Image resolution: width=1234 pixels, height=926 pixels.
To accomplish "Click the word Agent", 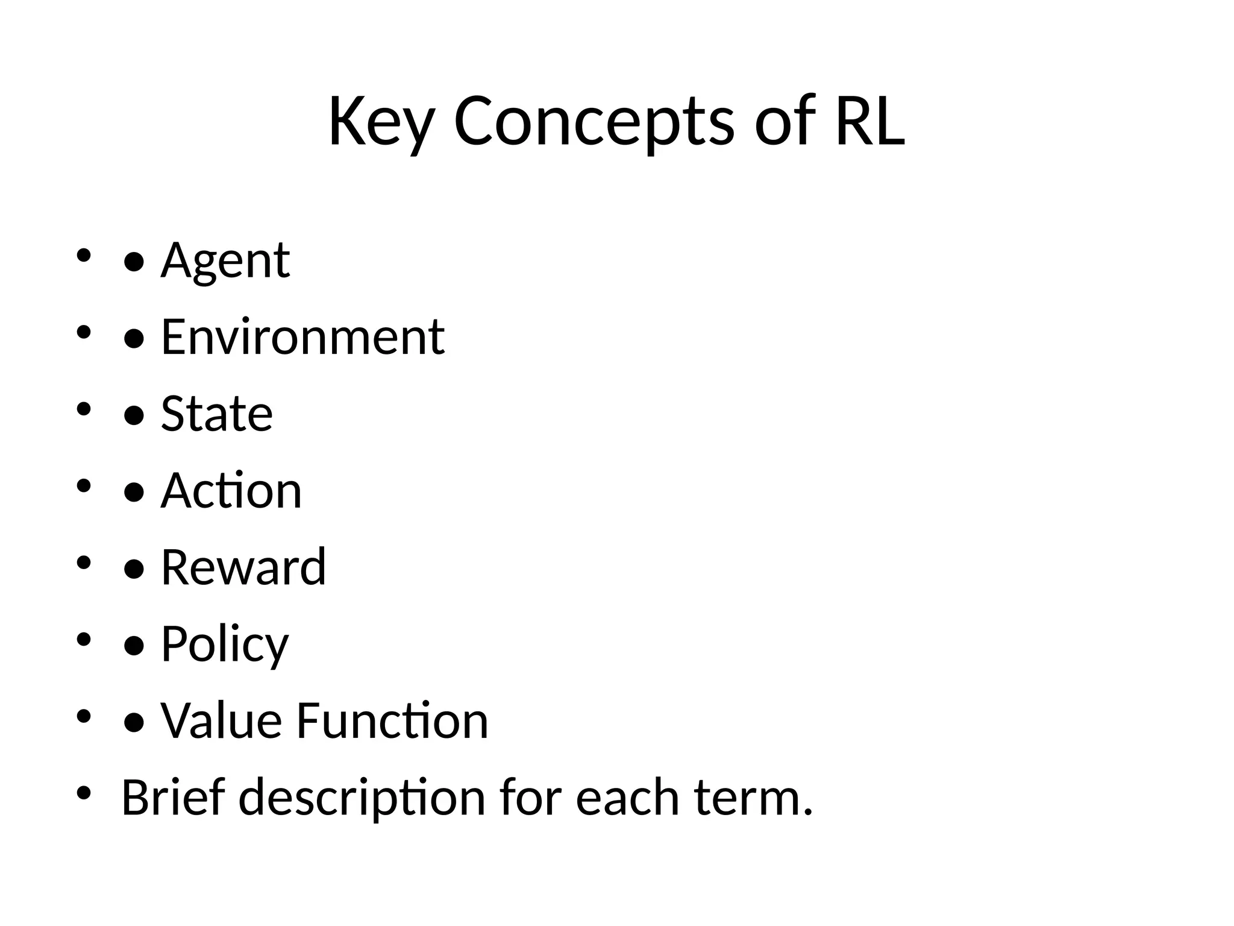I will point(225,260).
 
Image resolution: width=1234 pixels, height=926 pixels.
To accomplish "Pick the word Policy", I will point(225,644).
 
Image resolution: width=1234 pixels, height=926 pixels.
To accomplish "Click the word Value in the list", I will point(221,720).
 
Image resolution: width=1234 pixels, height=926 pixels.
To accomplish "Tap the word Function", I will point(392,720).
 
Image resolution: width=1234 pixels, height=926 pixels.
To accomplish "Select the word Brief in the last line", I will point(173,797).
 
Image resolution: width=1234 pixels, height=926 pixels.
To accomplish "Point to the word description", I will point(362,797).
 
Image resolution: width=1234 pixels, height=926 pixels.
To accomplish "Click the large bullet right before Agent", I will point(133,262).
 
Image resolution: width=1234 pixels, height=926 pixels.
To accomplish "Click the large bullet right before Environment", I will point(133,338).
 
